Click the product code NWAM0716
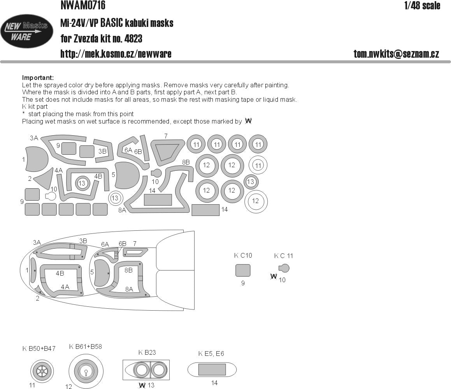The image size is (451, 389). click(x=82, y=5)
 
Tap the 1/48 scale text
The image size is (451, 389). click(x=422, y=5)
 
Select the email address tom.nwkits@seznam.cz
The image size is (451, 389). click(x=396, y=54)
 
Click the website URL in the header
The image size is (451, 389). click(x=116, y=54)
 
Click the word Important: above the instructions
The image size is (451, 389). click(x=38, y=78)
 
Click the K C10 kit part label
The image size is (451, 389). click(x=243, y=256)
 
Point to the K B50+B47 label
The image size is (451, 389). click(x=39, y=348)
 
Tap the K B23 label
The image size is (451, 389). click(x=147, y=352)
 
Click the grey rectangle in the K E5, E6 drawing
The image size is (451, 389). click(x=212, y=369)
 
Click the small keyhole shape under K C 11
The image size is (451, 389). click(x=284, y=268)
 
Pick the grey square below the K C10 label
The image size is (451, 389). click(x=243, y=270)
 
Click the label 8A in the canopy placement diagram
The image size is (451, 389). click(x=129, y=289)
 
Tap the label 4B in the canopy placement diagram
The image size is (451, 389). click(x=60, y=273)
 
